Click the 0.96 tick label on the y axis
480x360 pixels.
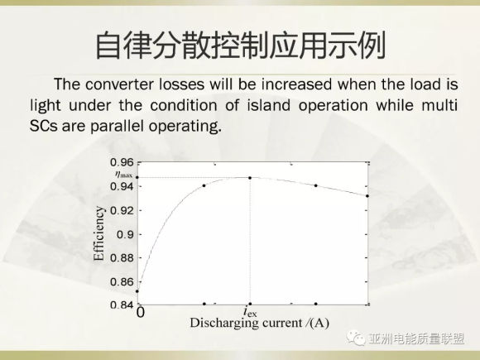122,162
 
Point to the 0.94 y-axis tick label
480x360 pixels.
122,186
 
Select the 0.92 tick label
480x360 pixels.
122,210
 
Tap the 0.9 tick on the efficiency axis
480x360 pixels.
125,234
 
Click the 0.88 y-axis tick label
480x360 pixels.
122,257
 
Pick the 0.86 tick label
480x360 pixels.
122,281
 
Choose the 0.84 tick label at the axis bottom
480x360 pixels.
122,305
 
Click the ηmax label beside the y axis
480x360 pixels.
123,175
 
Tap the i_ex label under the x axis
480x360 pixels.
250,312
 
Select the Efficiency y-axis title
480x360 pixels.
98,233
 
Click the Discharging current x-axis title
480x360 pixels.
259,323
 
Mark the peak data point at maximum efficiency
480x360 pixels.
250,178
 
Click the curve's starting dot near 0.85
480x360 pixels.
137,291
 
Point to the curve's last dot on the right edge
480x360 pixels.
367,196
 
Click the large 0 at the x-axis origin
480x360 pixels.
140,313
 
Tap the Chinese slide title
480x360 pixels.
241,45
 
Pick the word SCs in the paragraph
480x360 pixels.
44,126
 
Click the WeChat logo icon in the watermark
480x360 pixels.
356,338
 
